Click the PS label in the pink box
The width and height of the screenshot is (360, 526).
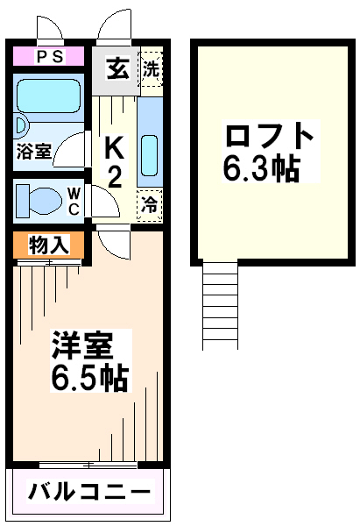click(50, 56)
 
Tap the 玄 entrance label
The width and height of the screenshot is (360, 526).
click(118, 69)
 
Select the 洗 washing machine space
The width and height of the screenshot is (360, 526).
click(152, 68)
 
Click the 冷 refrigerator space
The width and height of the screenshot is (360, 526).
click(150, 205)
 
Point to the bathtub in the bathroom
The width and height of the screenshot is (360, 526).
click(49, 96)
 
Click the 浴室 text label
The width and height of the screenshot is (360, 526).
click(34, 152)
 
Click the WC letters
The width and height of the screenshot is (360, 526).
click(74, 202)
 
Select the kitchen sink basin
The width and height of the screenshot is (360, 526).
click(150, 155)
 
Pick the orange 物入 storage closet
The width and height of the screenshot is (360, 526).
click(48, 245)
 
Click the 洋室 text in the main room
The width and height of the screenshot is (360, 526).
click(81, 345)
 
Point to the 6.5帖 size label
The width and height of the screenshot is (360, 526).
click(90, 377)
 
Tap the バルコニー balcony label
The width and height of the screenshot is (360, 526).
click(89, 493)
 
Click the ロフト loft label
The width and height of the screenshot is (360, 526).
click(270, 136)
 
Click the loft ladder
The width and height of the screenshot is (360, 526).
click(220, 305)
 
